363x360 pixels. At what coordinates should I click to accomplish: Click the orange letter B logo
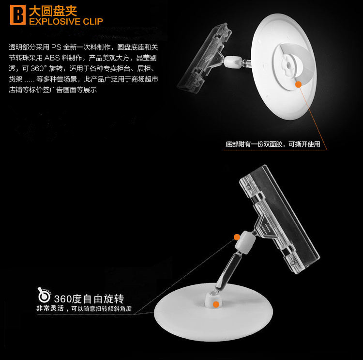18,15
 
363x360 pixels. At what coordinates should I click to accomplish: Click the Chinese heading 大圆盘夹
53,11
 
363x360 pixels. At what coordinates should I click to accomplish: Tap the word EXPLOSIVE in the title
55,21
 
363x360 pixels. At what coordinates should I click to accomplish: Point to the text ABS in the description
52,58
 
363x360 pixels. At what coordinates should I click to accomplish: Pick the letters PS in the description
56,47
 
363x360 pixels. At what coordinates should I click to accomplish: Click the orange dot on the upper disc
299,84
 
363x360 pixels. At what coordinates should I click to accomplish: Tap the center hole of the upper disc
288,65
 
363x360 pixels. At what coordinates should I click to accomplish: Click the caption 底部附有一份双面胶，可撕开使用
273,144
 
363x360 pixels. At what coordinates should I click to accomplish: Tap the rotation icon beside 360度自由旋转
44,295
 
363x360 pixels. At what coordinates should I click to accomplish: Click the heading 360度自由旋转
89,299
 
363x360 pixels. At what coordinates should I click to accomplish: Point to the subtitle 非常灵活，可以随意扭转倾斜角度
84,309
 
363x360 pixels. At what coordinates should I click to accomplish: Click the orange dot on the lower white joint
237,237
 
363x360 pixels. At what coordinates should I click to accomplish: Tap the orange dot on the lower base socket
216,304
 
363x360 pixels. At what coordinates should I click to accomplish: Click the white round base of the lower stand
213,313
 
